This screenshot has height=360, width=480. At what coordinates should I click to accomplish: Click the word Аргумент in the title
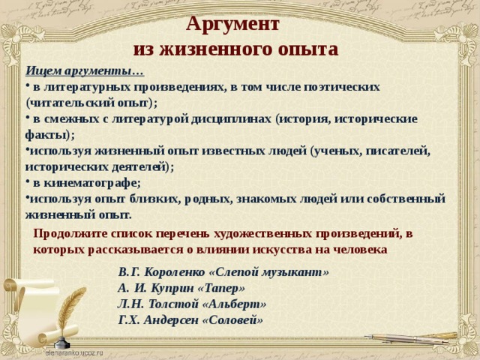(232, 24)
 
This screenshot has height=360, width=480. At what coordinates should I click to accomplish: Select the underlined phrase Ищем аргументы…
(85, 71)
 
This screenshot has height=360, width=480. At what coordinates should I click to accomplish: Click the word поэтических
(342, 87)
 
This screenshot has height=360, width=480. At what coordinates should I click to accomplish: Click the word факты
(46, 135)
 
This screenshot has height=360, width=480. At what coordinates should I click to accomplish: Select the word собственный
(406, 199)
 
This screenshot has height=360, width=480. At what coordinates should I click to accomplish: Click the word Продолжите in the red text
(70, 234)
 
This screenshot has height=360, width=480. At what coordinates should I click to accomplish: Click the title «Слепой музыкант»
(268, 272)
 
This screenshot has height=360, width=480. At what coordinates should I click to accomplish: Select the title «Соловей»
(233, 320)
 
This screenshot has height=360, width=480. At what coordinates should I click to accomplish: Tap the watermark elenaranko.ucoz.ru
(74, 353)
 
